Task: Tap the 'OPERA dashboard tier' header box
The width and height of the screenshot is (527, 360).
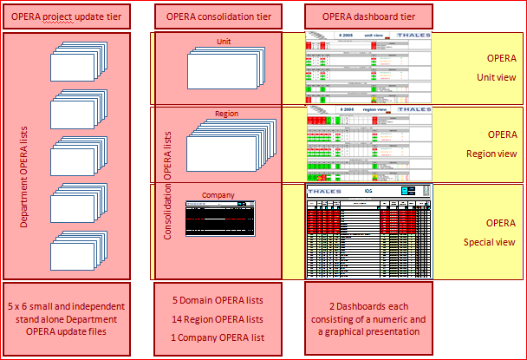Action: [x=368, y=15]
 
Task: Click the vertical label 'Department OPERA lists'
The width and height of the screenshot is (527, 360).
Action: [x=23, y=157]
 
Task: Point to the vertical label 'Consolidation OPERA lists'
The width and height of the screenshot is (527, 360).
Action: [x=168, y=184]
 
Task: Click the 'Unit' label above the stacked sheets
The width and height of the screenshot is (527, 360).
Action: [x=224, y=41]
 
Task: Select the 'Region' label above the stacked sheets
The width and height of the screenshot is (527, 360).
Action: [x=226, y=114]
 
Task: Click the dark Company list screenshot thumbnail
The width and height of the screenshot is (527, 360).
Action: [x=222, y=219]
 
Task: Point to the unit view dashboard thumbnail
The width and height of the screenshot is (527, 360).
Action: [x=368, y=69]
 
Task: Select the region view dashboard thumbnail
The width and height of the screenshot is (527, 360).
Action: [x=368, y=144]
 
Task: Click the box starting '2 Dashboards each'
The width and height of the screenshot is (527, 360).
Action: [x=368, y=318]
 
